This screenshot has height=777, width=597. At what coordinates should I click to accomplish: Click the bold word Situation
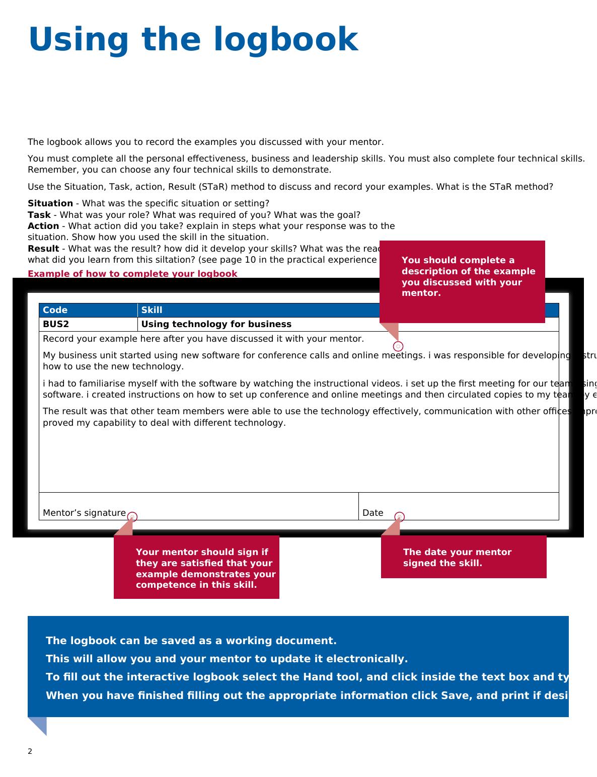(x=50, y=203)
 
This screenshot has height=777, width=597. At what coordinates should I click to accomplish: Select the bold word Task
(x=39, y=215)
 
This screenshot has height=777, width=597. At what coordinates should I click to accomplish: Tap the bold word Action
(x=43, y=226)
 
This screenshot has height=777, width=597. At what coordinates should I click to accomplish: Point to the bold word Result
(x=43, y=249)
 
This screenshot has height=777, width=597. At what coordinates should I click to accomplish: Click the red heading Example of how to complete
(x=132, y=274)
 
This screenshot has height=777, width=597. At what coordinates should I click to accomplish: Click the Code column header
(x=55, y=310)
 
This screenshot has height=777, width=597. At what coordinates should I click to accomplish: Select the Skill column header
(x=152, y=310)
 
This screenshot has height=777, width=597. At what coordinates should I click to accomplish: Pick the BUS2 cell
(x=55, y=324)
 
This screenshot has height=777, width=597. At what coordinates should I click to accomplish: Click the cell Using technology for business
(x=216, y=324)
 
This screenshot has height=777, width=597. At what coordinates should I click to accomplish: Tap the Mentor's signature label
(x=84, y=513)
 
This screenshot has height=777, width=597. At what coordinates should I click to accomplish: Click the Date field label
(x=372, y=513)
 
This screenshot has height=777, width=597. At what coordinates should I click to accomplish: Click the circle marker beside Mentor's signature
(x=132, y=517)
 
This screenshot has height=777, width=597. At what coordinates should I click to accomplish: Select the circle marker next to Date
(x=400, y=517)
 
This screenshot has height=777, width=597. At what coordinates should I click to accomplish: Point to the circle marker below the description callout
(x=398, y=346)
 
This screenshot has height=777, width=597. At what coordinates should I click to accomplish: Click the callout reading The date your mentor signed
(x=463, y=557)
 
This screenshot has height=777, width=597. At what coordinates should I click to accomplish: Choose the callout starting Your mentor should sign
(x=196, y=568)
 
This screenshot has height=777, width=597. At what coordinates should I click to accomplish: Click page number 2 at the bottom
(x=30, y=751)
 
